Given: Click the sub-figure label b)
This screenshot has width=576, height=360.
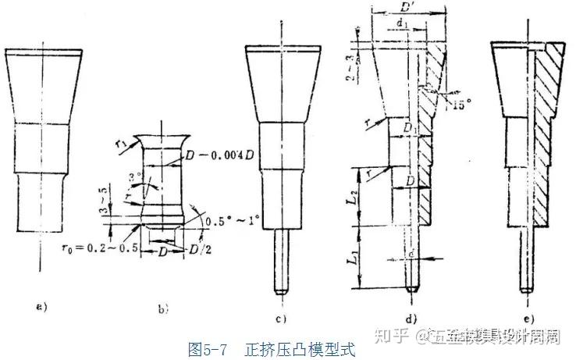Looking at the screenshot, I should coord(163,309).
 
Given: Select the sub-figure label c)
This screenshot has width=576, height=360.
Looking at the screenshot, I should coord(281,318).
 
